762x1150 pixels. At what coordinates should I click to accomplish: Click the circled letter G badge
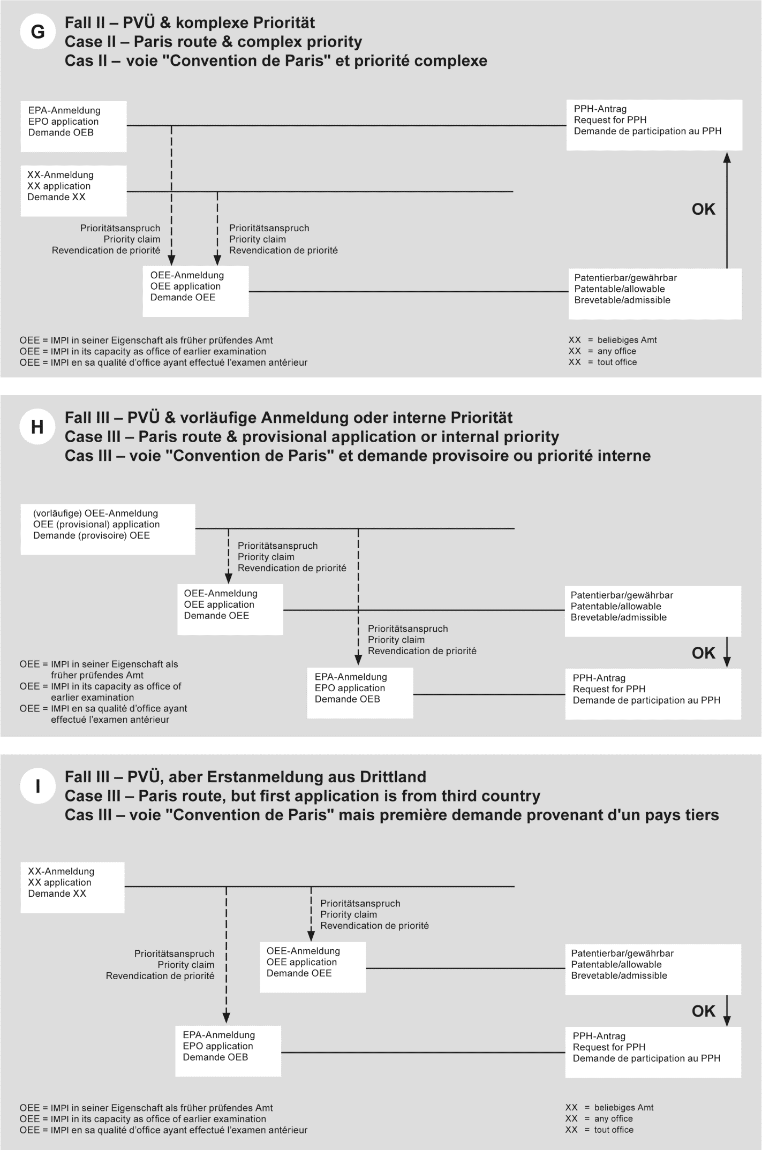37,32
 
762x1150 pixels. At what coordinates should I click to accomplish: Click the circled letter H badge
37,427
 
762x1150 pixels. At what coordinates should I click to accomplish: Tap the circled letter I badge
37,786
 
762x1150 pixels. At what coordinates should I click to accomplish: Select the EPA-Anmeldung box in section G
73,126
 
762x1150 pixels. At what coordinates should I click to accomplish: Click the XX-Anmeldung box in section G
73,191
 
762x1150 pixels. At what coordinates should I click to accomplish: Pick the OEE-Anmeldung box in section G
195,291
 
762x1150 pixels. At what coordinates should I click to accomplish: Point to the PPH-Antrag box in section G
654,125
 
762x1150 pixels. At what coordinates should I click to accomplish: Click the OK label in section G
703,209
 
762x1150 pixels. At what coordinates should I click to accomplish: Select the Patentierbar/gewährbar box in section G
654,293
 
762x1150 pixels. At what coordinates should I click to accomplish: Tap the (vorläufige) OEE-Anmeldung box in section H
108,529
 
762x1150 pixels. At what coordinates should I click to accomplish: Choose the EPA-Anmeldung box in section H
360,693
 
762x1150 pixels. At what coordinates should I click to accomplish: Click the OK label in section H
703,653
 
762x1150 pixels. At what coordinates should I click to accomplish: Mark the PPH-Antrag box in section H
653,694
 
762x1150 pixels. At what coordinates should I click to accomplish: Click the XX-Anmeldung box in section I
72,887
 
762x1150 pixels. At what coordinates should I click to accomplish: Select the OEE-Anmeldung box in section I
313,967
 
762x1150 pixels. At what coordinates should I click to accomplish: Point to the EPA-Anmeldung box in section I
228,1051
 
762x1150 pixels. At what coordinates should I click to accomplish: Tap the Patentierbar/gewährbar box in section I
653,969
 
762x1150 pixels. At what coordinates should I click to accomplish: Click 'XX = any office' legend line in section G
602,351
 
